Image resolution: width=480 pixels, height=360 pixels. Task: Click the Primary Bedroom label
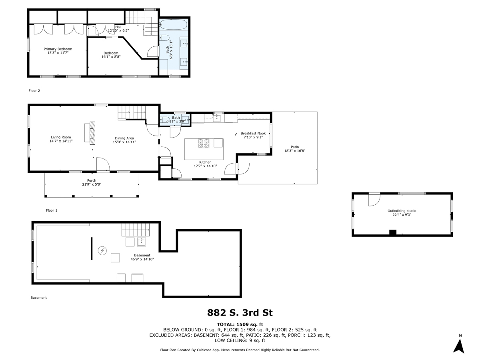pos(61,49)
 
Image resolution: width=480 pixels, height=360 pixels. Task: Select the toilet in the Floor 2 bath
pos(164,38)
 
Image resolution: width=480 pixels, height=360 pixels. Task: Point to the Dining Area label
pos(124,138)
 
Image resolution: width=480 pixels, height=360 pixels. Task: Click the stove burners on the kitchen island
pos(204,143)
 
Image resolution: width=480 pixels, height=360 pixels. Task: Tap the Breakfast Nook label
pos(253,133)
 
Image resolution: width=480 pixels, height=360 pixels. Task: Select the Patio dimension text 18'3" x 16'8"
pos(295,151)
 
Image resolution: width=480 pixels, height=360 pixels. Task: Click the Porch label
pos(92,180)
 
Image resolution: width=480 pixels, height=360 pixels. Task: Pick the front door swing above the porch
pos(102,164)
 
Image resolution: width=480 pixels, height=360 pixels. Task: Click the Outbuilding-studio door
pos(374,199)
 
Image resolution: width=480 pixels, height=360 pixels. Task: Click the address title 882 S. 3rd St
pos(240,313)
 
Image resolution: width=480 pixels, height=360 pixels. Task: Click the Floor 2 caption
pos(34,91)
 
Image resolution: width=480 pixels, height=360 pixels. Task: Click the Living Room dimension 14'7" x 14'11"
pos(61,141)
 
